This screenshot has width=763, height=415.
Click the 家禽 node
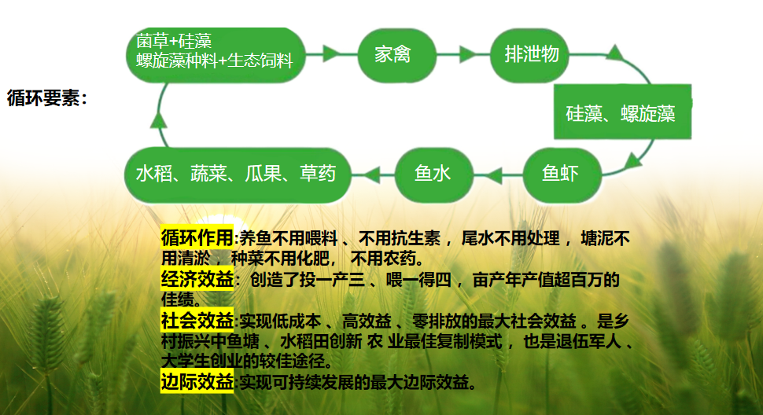click(393, 55)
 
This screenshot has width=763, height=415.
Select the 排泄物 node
click(532, 54)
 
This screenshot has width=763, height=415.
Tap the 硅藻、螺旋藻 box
click(621, 112)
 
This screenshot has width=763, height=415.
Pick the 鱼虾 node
click(561, 173)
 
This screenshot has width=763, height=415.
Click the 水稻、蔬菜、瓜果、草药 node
click(236, 173)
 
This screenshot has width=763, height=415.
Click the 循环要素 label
click(46, 98)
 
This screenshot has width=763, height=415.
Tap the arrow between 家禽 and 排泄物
click(465, 54)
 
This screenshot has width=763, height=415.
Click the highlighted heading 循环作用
click(197, 237)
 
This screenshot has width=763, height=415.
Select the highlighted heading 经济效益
click(197, 279)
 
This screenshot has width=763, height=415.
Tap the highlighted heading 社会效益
click(197, 321)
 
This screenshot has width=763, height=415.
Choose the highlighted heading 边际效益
click(197, 383)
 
